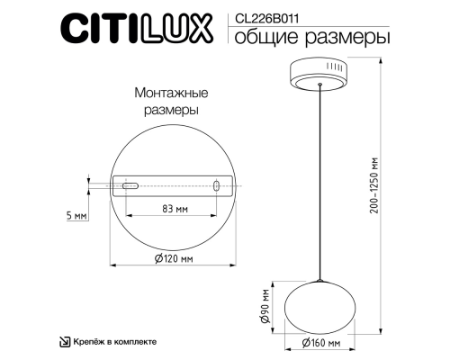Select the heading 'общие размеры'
pyautogui.click(x=312, y=38)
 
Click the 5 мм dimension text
pyautogui.click(x=76, y=217)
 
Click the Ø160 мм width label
pyautogui.click(x=320, y=344)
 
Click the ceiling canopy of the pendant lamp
pyautogui.click(x=319, y=74)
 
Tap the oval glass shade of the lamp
pyautogui.click(x=320, y=304)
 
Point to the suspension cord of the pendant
pyautogui.click(x=319, y=180)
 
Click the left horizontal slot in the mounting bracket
pyautogui.click(x=130, y=186)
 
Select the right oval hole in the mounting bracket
pyautogui.click(x=216, y=186)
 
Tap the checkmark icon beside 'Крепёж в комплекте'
pyautogui.click(x=64, y=342)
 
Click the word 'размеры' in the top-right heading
pyautogui.click(x=355, y=38)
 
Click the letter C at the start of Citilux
pyautogui.click(x=75, y=31)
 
